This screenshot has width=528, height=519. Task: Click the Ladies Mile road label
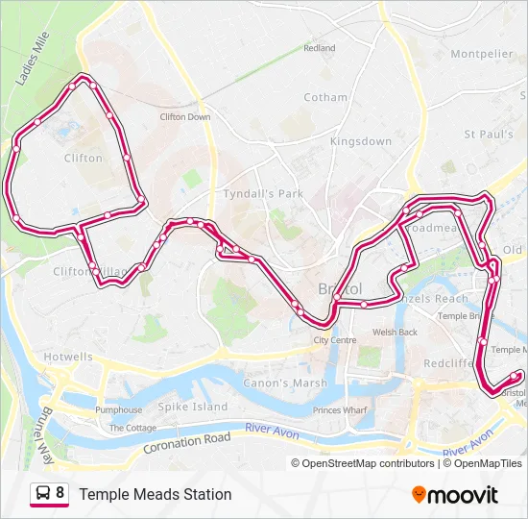coord(32,57)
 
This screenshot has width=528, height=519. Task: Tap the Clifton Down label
coord(184,117)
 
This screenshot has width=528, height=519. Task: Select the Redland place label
coord(320,47)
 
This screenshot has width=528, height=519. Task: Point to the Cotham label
coord(325,97)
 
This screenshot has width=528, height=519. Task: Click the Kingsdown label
coord(360,141)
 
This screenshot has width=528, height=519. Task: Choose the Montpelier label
coord(481,54)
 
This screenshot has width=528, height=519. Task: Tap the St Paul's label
coord(488,135)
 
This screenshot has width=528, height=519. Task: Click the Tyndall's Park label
coord(262,193)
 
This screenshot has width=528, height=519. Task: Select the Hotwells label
coord(68,357)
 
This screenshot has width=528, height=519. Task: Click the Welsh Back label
coord(395,332)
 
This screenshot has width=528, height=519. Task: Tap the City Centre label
coord(335,340)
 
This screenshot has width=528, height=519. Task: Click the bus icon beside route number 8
coord(43,494)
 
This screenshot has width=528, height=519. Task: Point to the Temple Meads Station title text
coord(156,494)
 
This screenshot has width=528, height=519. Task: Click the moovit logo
coord(454,495)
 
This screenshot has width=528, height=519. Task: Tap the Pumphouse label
coord(118,410)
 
